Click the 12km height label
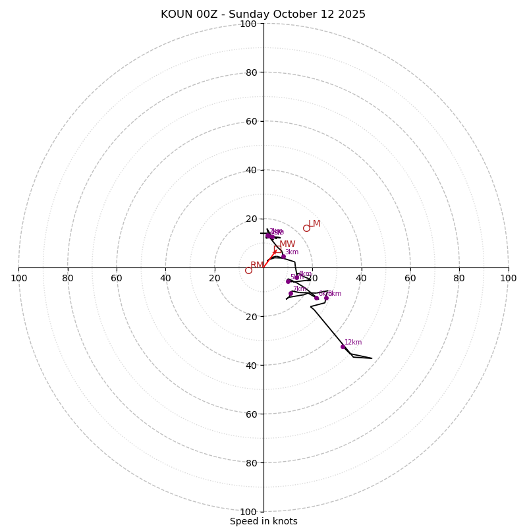(353, 343)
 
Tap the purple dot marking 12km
(343, 347)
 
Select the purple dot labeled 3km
(283, 256)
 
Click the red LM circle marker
(306, 228)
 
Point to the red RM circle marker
(248, 270)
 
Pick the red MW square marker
(277, 249)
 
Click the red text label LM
(314, 224)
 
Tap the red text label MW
(287, 244)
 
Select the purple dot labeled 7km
(291, 293)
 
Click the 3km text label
(292, 252)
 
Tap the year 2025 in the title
(351, 14)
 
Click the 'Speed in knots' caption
(263, 521)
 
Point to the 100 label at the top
(248, 24)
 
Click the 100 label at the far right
(509, 278)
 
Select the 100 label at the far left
(18, 278)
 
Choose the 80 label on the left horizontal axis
(68, 278)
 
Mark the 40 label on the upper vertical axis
(251, 170)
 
